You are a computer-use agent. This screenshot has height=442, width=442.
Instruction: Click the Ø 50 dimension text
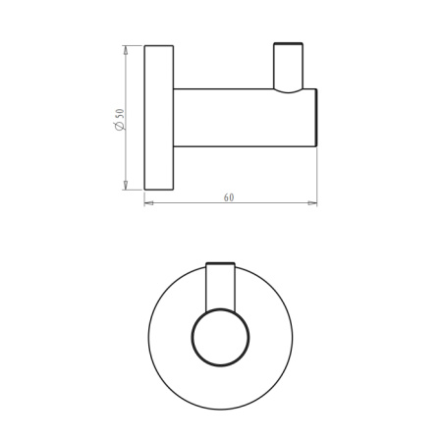119,119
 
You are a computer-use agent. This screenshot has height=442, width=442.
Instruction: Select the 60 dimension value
229,196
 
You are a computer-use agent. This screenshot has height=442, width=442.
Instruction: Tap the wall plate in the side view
158,117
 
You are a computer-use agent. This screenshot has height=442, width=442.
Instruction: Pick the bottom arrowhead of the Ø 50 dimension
126,187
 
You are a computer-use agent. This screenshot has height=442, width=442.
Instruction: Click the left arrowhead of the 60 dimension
148,203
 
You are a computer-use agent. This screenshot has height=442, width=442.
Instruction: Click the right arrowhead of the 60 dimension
313,203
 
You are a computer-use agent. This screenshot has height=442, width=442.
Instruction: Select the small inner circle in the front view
220,339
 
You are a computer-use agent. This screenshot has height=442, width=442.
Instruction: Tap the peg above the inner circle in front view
221,285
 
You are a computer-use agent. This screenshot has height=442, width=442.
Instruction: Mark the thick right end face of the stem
316,118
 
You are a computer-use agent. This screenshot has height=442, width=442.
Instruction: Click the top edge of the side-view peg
289,44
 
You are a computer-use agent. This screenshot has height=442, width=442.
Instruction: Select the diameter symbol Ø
119,128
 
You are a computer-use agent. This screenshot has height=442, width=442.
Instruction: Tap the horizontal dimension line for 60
187,203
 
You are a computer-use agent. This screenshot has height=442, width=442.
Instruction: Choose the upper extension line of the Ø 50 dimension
135,44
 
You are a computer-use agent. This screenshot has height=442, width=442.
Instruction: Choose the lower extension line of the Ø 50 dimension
135,190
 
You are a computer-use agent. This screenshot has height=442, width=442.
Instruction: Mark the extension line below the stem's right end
316,177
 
